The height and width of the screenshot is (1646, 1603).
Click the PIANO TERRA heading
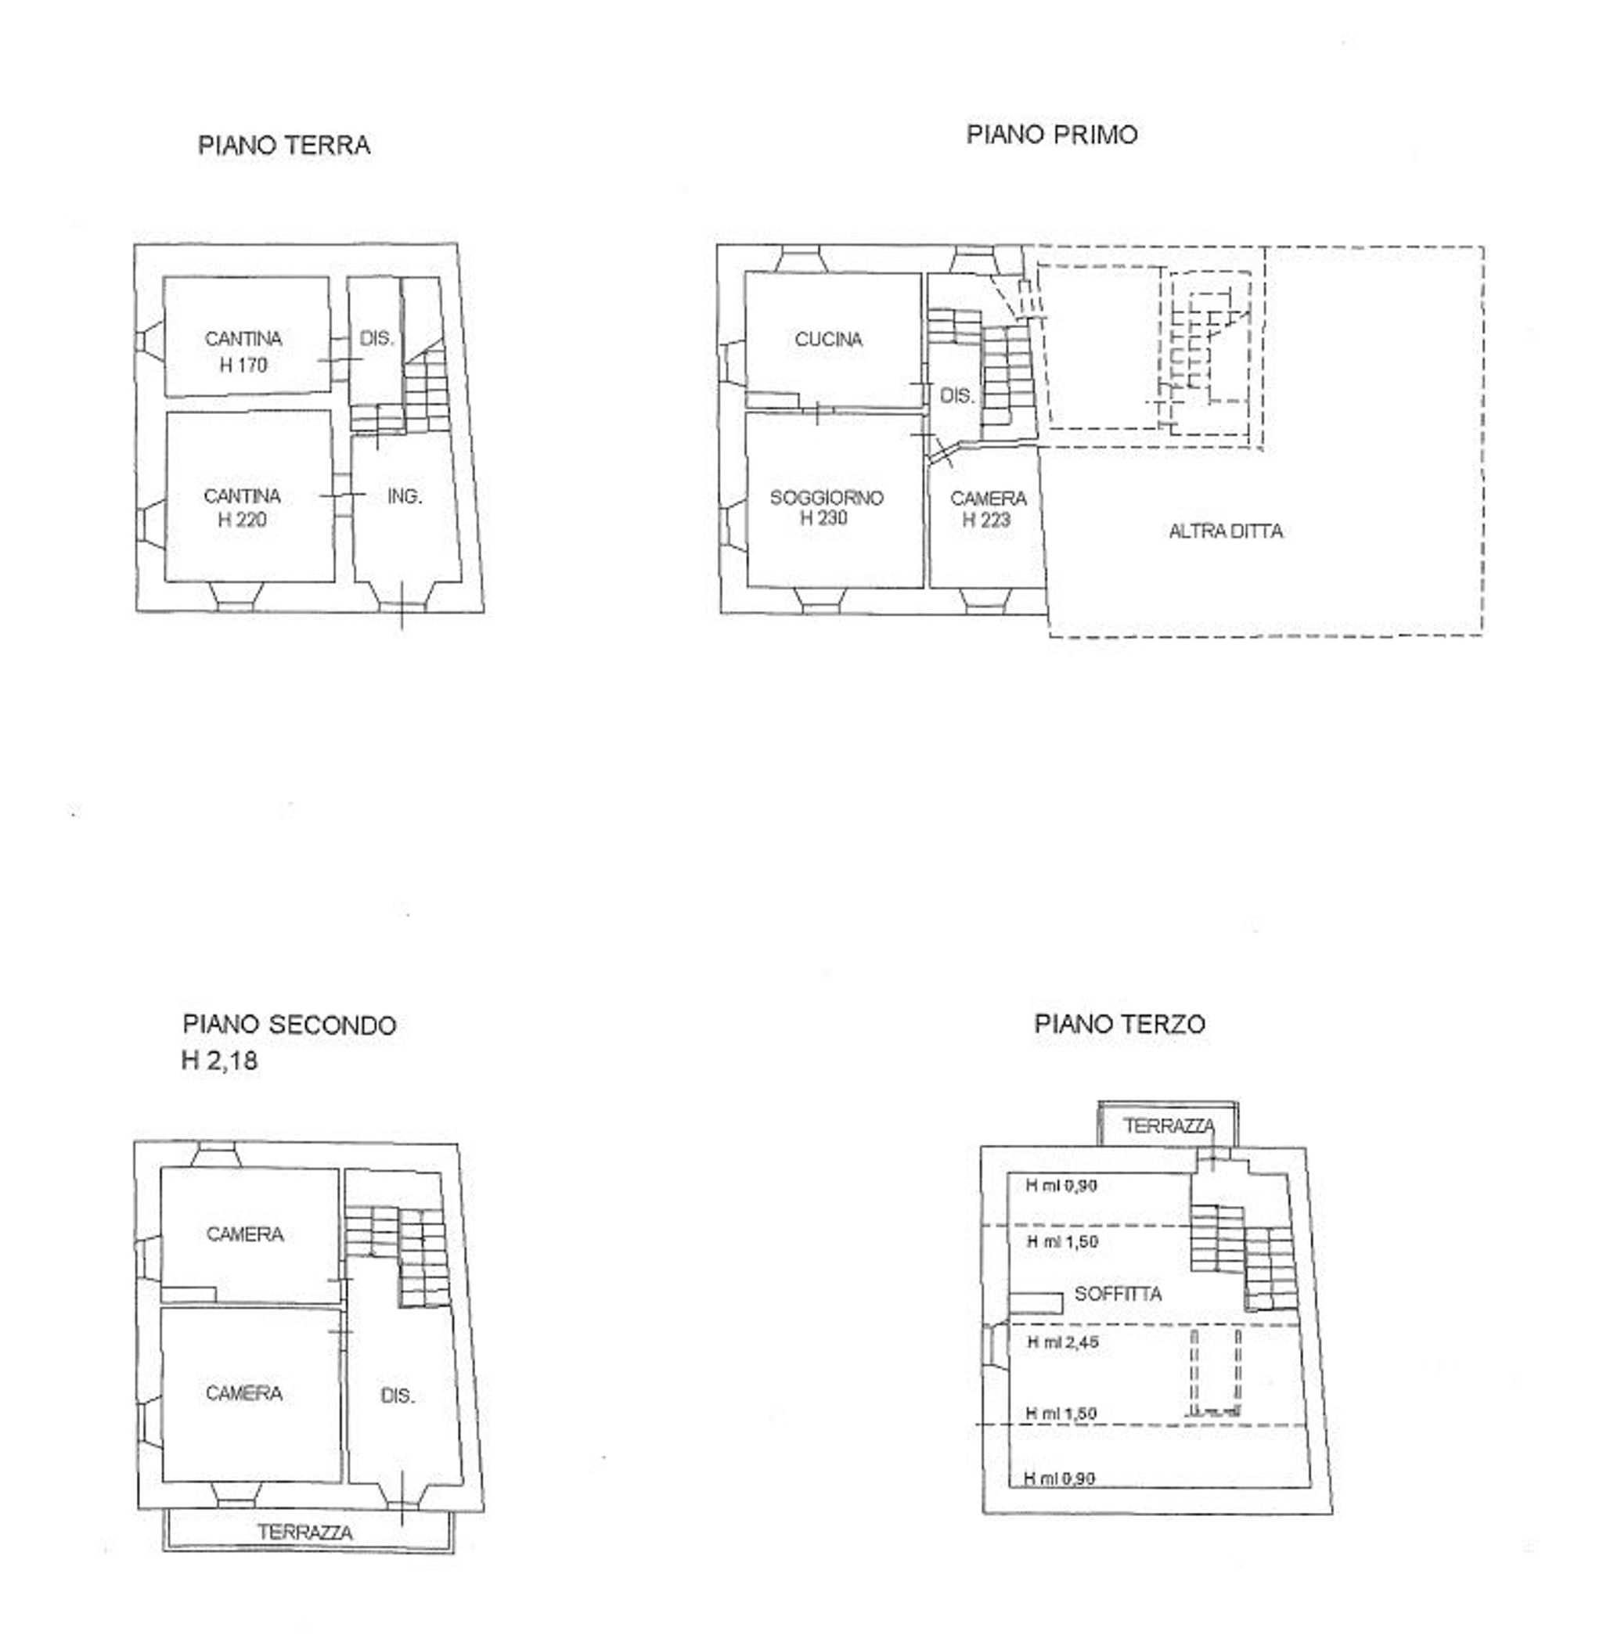pyautogui.click(x=283, y=146)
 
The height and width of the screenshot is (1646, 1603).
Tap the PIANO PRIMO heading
pyautogui.click(x=1051, y=135)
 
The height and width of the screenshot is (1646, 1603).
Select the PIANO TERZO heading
pyautogui.click(x=1120, y=1024)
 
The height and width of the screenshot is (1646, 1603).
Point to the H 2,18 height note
pyautogui.click(x=220, y=1060)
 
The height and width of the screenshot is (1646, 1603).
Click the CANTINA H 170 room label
pyautogui.click(x=243, y=352)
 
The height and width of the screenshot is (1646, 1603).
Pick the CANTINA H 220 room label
pyautogui.click(x=243, y=508)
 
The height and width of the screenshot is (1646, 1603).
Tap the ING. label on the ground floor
pyautogui.click(x=405, y=497)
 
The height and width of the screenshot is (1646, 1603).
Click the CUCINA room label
pyautogui.click(x=828, y=340)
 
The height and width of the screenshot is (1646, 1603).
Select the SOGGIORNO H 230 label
pyautogui.click(x=827, y=508)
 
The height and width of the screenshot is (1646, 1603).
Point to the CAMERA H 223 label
pyautogui.click(x=988, y=510)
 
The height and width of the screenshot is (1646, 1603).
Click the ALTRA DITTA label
pyautogui.click(x=1226, y=531)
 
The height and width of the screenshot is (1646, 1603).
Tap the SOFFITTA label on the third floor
pyautogui.click(x=1118, y=1294)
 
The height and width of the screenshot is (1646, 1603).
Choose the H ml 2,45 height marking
pyautogui.click(x=1062, y=1342)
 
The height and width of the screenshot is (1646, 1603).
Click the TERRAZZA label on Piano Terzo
pyautogui.click(x=1169, y=1126)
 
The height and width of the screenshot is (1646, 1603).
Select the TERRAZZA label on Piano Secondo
pyautogui.click(x=304, y=1533)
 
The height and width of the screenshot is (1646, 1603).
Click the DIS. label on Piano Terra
pyautogui.click(x=376, y=338)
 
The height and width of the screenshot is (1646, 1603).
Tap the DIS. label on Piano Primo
pyautogui.click(x=956, y=396)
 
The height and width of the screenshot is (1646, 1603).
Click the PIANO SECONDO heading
pyautogui.click(x=290, y=1025)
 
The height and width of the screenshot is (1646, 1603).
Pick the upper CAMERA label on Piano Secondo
pyautogui.click(x=245, y=1234)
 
